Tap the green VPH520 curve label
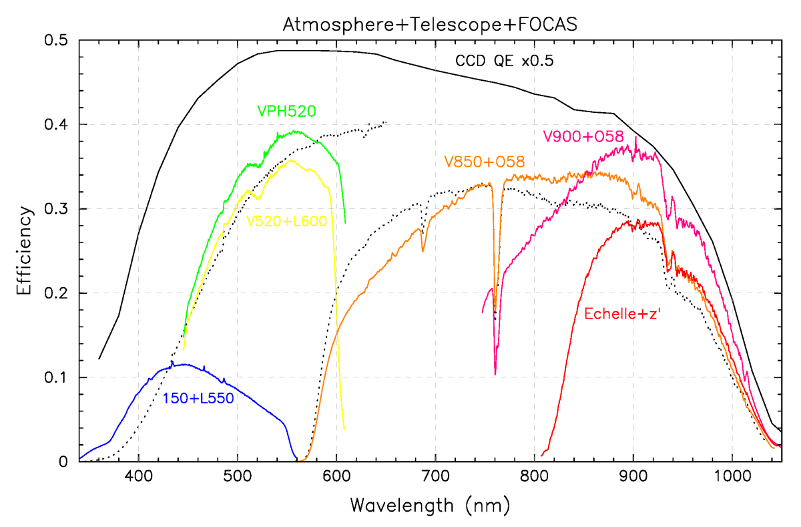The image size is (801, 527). click(286, 111)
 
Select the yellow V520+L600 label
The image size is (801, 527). click(287, 221)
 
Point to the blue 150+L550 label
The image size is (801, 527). click(198, 399)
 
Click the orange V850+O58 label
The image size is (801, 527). click(484, 162)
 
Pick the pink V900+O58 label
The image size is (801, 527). click(583, 137)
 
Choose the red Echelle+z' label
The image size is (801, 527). click(622, 313)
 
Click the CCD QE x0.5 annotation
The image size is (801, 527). click(505, 61)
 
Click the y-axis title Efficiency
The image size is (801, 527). click(25, 251)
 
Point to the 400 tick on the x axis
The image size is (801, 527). click(138, 478)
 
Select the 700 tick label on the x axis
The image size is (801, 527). click(435, 478)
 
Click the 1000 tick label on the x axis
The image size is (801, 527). click(732, 478)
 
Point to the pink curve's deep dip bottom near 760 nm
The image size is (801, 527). click(495, 374)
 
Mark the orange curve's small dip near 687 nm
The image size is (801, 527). click(423, 251)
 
